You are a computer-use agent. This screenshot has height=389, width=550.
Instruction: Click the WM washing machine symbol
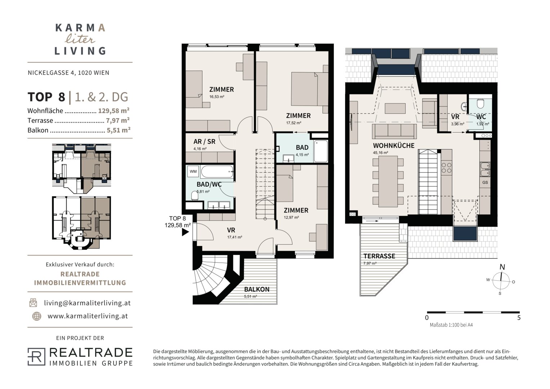[193, 171]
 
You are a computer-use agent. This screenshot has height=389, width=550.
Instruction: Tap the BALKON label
[256, 289]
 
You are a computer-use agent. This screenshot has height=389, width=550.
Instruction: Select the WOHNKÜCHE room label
[394, 146]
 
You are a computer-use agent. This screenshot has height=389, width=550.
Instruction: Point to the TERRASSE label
[379, 256]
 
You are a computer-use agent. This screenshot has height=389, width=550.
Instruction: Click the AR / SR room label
[204, 142]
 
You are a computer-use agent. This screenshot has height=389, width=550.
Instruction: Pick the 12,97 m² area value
[291, 217]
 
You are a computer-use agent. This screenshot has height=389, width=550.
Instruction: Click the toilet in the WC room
[480, 103]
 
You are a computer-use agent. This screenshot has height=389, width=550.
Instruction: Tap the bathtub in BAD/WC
[217, 171]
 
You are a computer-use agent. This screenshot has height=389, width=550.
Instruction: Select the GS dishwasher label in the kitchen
[485, 183]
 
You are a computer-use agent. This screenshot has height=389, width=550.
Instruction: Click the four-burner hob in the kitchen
[446, 168]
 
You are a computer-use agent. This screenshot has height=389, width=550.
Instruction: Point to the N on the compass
[502, 267]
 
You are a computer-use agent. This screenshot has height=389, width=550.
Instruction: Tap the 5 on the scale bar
[519, 318]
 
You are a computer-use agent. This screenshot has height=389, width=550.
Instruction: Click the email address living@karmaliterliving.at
[87, 303]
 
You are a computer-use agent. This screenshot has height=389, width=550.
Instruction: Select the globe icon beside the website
[37, 316]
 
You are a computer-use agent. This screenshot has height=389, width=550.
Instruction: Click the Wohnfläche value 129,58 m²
[114, 111]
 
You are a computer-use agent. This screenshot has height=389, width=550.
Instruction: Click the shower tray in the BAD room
[321, 151]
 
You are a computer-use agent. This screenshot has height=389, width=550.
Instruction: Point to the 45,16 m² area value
[380, 152]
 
